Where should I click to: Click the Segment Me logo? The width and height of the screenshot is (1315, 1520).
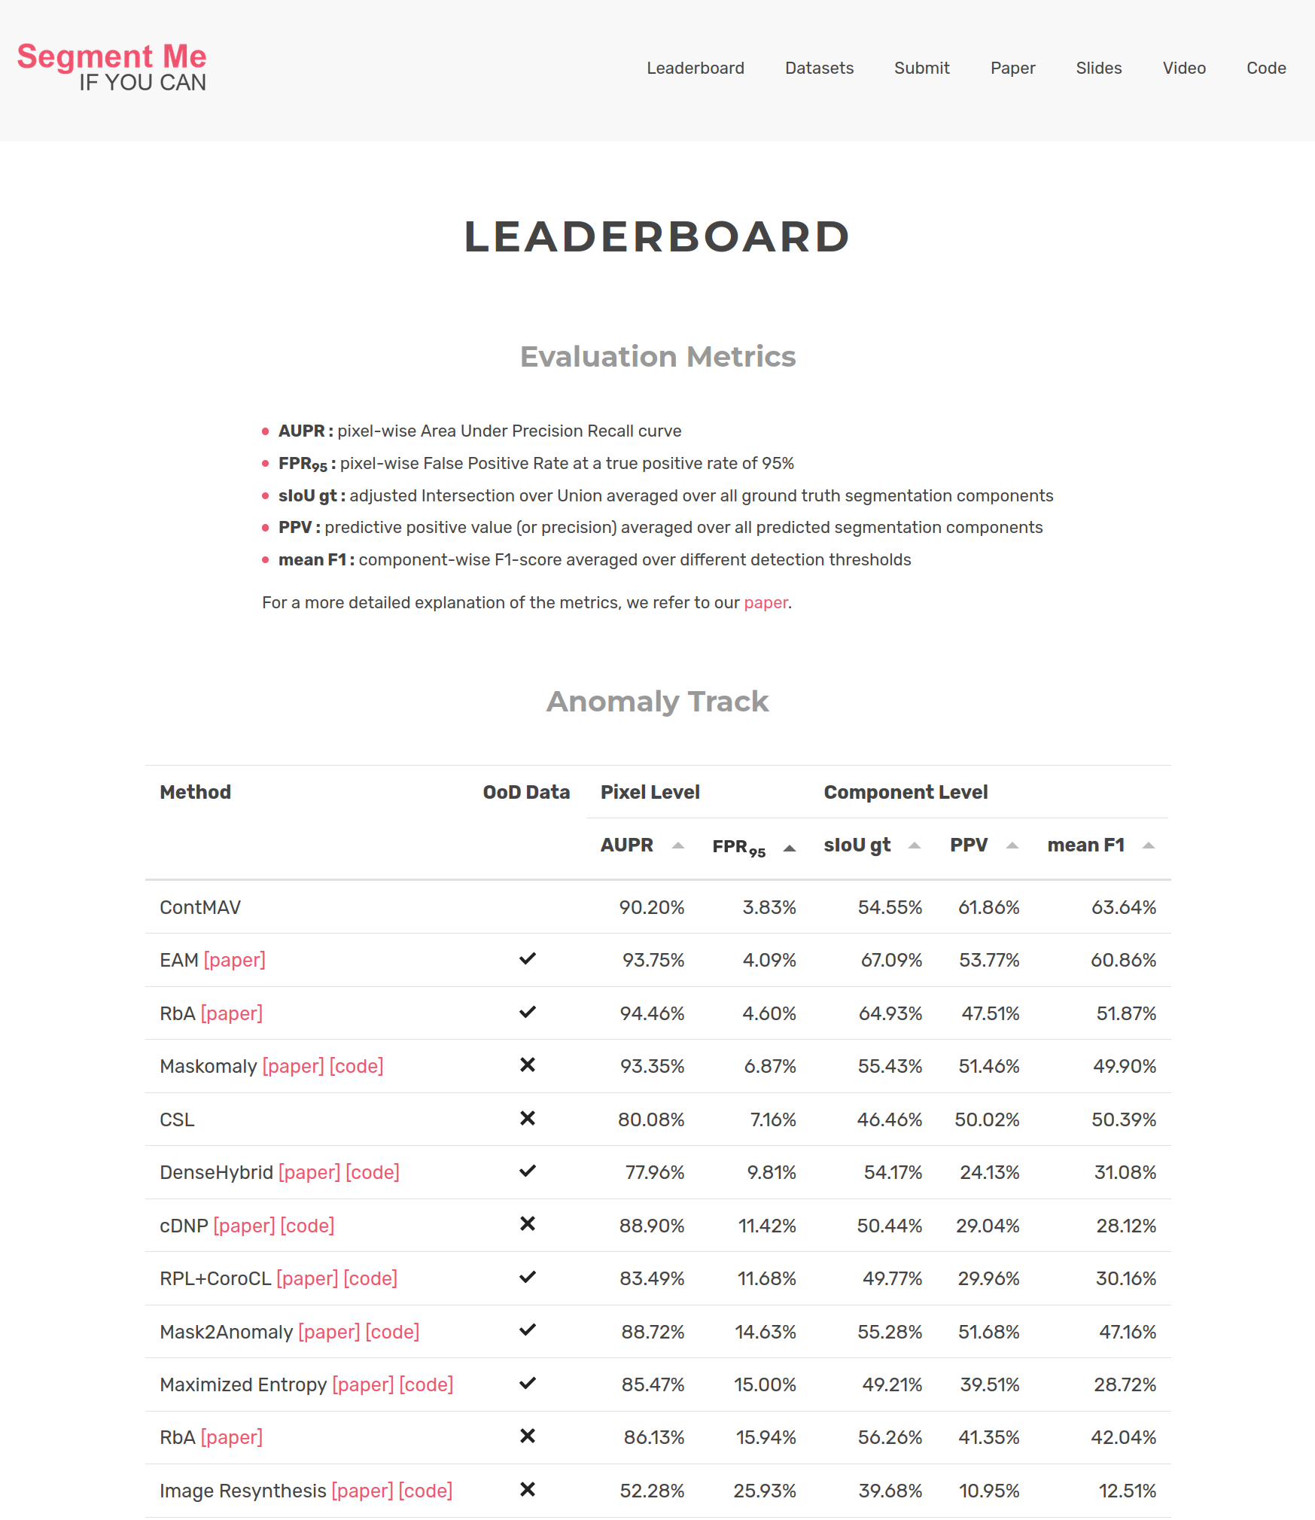(x=111, y=67)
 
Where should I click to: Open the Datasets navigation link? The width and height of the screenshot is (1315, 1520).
(x=819, y=69)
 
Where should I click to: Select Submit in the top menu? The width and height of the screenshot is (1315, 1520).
(x=921, y=69)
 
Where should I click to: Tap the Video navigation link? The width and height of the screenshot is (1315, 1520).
(x=1184, y=69)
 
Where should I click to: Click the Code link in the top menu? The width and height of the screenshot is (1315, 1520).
(x=1266, y=69)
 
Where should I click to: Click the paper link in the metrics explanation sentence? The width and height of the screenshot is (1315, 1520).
(x=766, y=603)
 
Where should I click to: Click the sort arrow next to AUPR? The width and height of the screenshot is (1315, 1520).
(x=678, y=845)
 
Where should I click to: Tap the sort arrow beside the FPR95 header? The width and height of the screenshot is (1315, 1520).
(x=790, y=848)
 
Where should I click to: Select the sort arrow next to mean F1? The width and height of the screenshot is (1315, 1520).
(x=1149, y=845)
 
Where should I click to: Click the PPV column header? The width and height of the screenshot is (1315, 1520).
(x=969, y=845)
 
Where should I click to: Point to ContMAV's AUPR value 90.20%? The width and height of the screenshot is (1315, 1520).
(x=651, y=908)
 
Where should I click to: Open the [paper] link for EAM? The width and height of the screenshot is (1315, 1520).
(x=235, y=961)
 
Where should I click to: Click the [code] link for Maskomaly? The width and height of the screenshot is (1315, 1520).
(x=357, y=1067)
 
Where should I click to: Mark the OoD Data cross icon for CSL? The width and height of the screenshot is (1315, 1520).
(x=528, y=1119)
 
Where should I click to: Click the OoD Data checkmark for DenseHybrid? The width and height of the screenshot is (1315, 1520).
(x=528, y=1171)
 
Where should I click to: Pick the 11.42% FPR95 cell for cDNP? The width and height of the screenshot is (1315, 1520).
(x=767, y=1226)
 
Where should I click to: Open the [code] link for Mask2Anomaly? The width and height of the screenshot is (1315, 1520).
(x=392, y=1333)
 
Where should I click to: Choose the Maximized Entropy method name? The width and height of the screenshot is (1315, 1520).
(x=243, y=1385)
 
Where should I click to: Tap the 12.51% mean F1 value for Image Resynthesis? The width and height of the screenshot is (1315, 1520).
(x=1127, y=1491)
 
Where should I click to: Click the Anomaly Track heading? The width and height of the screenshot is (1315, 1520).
(x=657, y=702)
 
